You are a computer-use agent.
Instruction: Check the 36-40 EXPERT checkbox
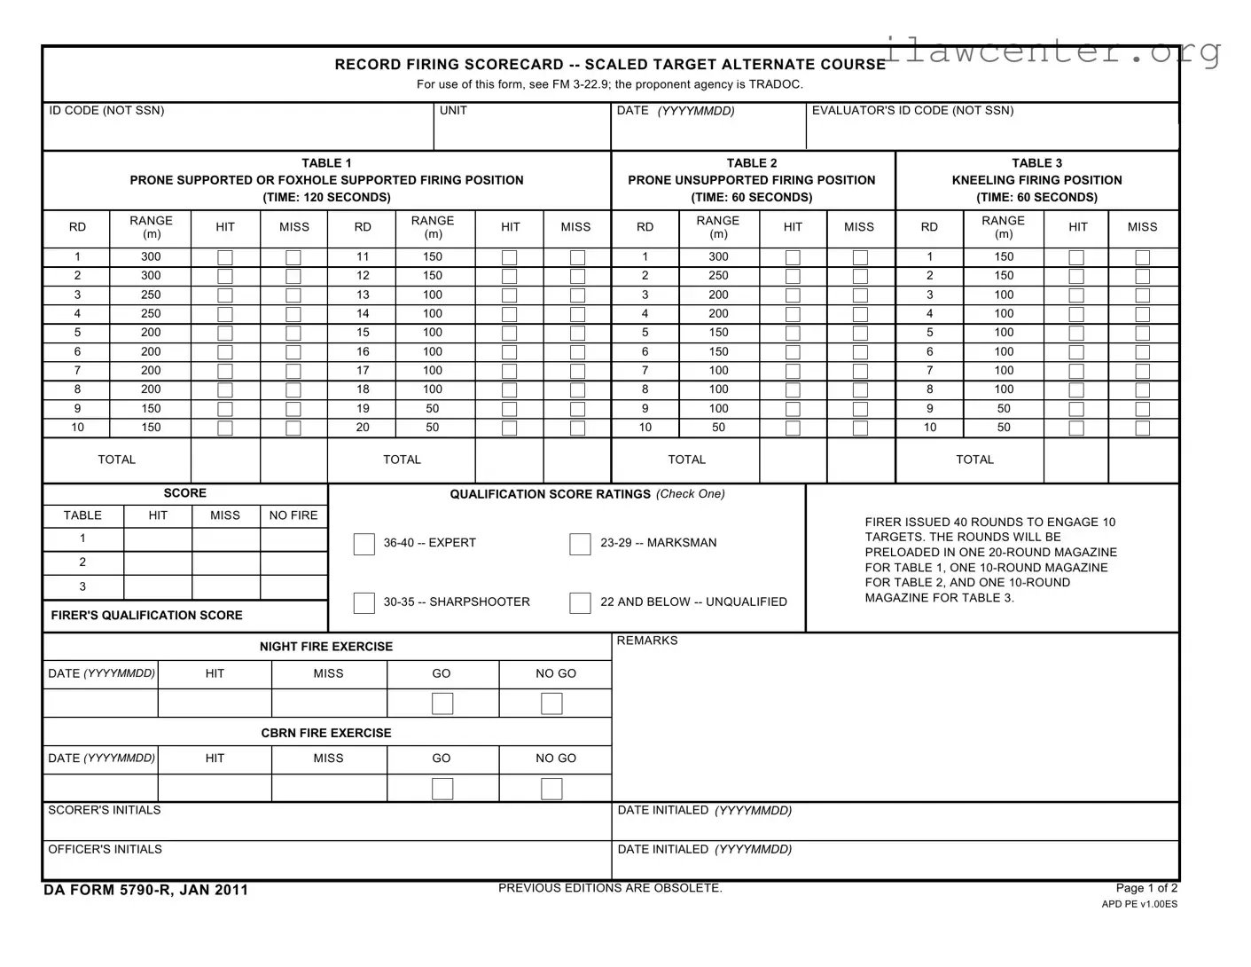coord(364,544)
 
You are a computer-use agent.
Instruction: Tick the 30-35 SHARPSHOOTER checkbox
coord(364,603)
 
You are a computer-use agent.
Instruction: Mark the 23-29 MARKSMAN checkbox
coord(580,544)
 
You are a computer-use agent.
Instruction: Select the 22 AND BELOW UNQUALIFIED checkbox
coord(580,603)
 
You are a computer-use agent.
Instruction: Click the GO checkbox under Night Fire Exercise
coord(442,704)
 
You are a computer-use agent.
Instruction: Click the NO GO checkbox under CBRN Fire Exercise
coord(551,789)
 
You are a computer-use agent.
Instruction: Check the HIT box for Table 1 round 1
coord(225,257)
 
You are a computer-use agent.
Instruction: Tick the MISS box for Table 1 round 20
coord(577,428)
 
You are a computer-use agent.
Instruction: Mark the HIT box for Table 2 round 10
coord(793,428)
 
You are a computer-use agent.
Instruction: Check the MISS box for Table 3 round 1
coord(1142,257)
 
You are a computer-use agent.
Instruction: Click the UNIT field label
coord(453,111)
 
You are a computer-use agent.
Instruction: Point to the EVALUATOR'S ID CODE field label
coord(912,111)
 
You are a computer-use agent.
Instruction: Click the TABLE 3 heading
coord(1036,163)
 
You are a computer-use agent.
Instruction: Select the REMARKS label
coord(647,641)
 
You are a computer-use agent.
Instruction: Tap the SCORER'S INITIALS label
coord(105,810)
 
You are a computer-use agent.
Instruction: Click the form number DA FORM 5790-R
coord(145,890)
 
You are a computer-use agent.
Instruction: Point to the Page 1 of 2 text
coord(1146,888)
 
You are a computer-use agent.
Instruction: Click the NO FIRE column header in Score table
coord(293,515)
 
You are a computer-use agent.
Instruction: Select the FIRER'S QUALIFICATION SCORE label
coord(146,616)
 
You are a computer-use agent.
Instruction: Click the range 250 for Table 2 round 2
coord(718,276)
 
